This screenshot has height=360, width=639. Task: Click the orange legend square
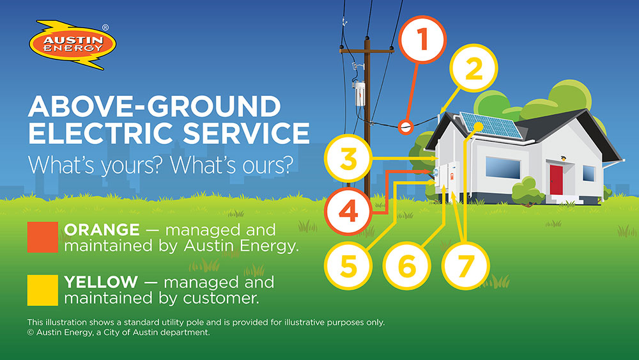pos(43,237)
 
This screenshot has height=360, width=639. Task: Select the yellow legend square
pos(43,289)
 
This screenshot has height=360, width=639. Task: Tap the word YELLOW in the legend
pos(101,281)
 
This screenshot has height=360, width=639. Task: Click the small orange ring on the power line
pos(404,127)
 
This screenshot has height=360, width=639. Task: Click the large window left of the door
pos(503,168)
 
